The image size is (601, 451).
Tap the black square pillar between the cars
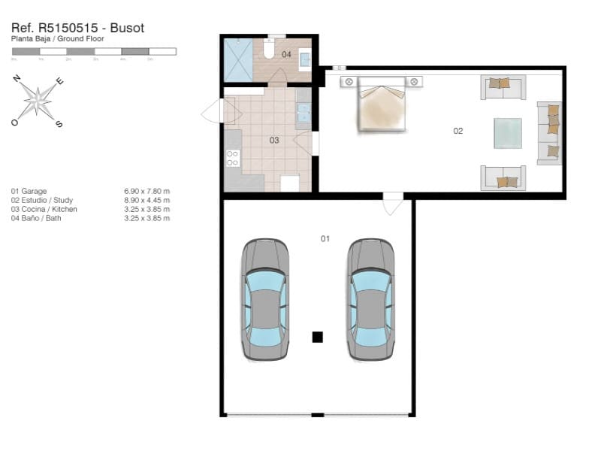click(x=317, y=337)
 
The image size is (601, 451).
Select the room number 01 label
click(x=325, y=238)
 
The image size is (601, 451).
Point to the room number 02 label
click(x=458, y=131)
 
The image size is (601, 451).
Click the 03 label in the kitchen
click(x=274, y=140)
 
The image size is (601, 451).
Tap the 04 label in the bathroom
click(x=286, y=54)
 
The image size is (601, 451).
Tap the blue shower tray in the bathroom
click(x=238, y=59)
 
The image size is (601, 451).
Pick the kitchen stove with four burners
click(x=232, y=158)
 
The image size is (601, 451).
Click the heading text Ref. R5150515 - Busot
click(x=78, y=28)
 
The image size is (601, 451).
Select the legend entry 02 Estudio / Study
click(x=42, y=200)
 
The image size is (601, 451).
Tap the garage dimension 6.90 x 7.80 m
click(x=147, y=191)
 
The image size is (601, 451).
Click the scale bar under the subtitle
click(x=94, y=51)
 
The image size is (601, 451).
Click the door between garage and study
click(x=393, y=201)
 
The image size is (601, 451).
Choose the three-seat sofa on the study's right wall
click(x=549, y=132)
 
